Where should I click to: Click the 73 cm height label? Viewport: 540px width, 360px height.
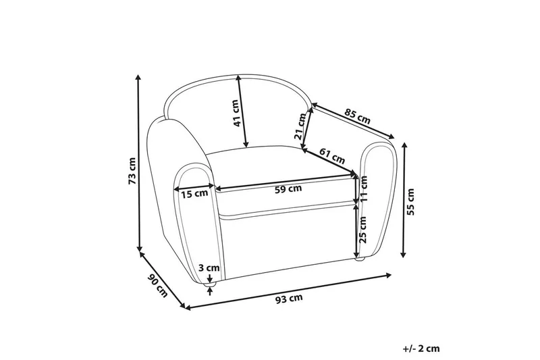(132, 170)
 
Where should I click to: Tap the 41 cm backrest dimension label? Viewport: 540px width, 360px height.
(236, 113)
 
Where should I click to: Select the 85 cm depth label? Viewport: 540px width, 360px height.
(357, 116)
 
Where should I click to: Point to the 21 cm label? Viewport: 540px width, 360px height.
(300, 126)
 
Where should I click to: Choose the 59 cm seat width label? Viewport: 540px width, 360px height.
(288, 189)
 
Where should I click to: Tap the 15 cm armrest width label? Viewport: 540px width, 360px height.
(194, 194)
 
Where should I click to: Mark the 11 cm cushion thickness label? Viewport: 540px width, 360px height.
(364, 189)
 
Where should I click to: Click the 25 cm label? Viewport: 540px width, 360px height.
(362, 230)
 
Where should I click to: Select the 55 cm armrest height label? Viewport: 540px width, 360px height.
(410, 201)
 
